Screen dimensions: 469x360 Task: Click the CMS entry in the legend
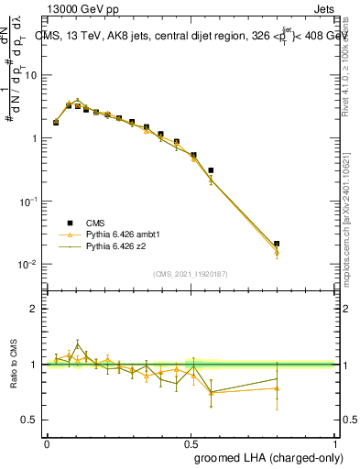[95, 223]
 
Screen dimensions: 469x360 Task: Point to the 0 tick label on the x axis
[47, 442]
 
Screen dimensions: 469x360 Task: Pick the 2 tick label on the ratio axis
[34, 309]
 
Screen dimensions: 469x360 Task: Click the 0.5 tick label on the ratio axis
[30, 420]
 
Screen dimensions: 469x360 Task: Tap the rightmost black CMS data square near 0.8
[277, 244]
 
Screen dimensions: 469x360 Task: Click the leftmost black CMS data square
[56, 122]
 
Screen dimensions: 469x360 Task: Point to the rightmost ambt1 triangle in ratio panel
[277, 388]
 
